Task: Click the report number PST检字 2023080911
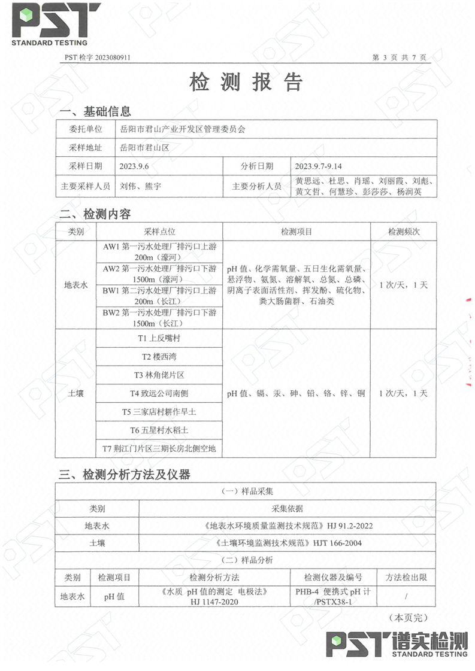click(97, 57)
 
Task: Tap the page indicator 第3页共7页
click(399, 57)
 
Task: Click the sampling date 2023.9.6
click(134, 166)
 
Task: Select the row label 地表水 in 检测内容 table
click(75, 285)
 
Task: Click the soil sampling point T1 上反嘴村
click(159, 338)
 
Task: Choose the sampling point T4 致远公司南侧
click(159, 393)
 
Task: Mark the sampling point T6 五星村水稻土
click(159, 430)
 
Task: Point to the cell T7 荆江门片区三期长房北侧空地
click(159, 448)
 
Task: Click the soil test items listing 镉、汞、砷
click(296, 393)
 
